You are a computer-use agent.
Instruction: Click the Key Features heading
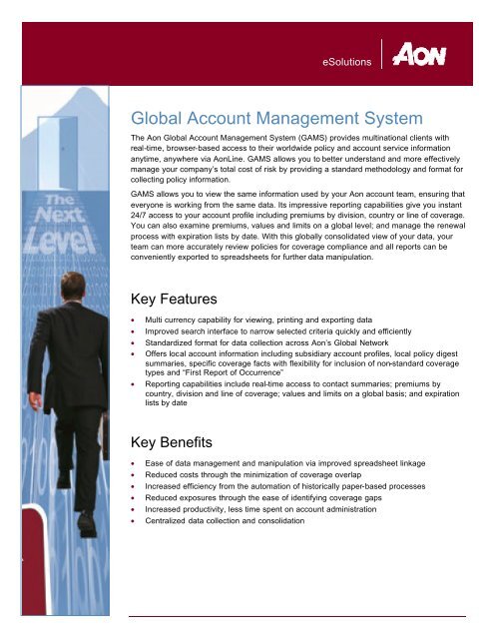click(185, 300)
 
